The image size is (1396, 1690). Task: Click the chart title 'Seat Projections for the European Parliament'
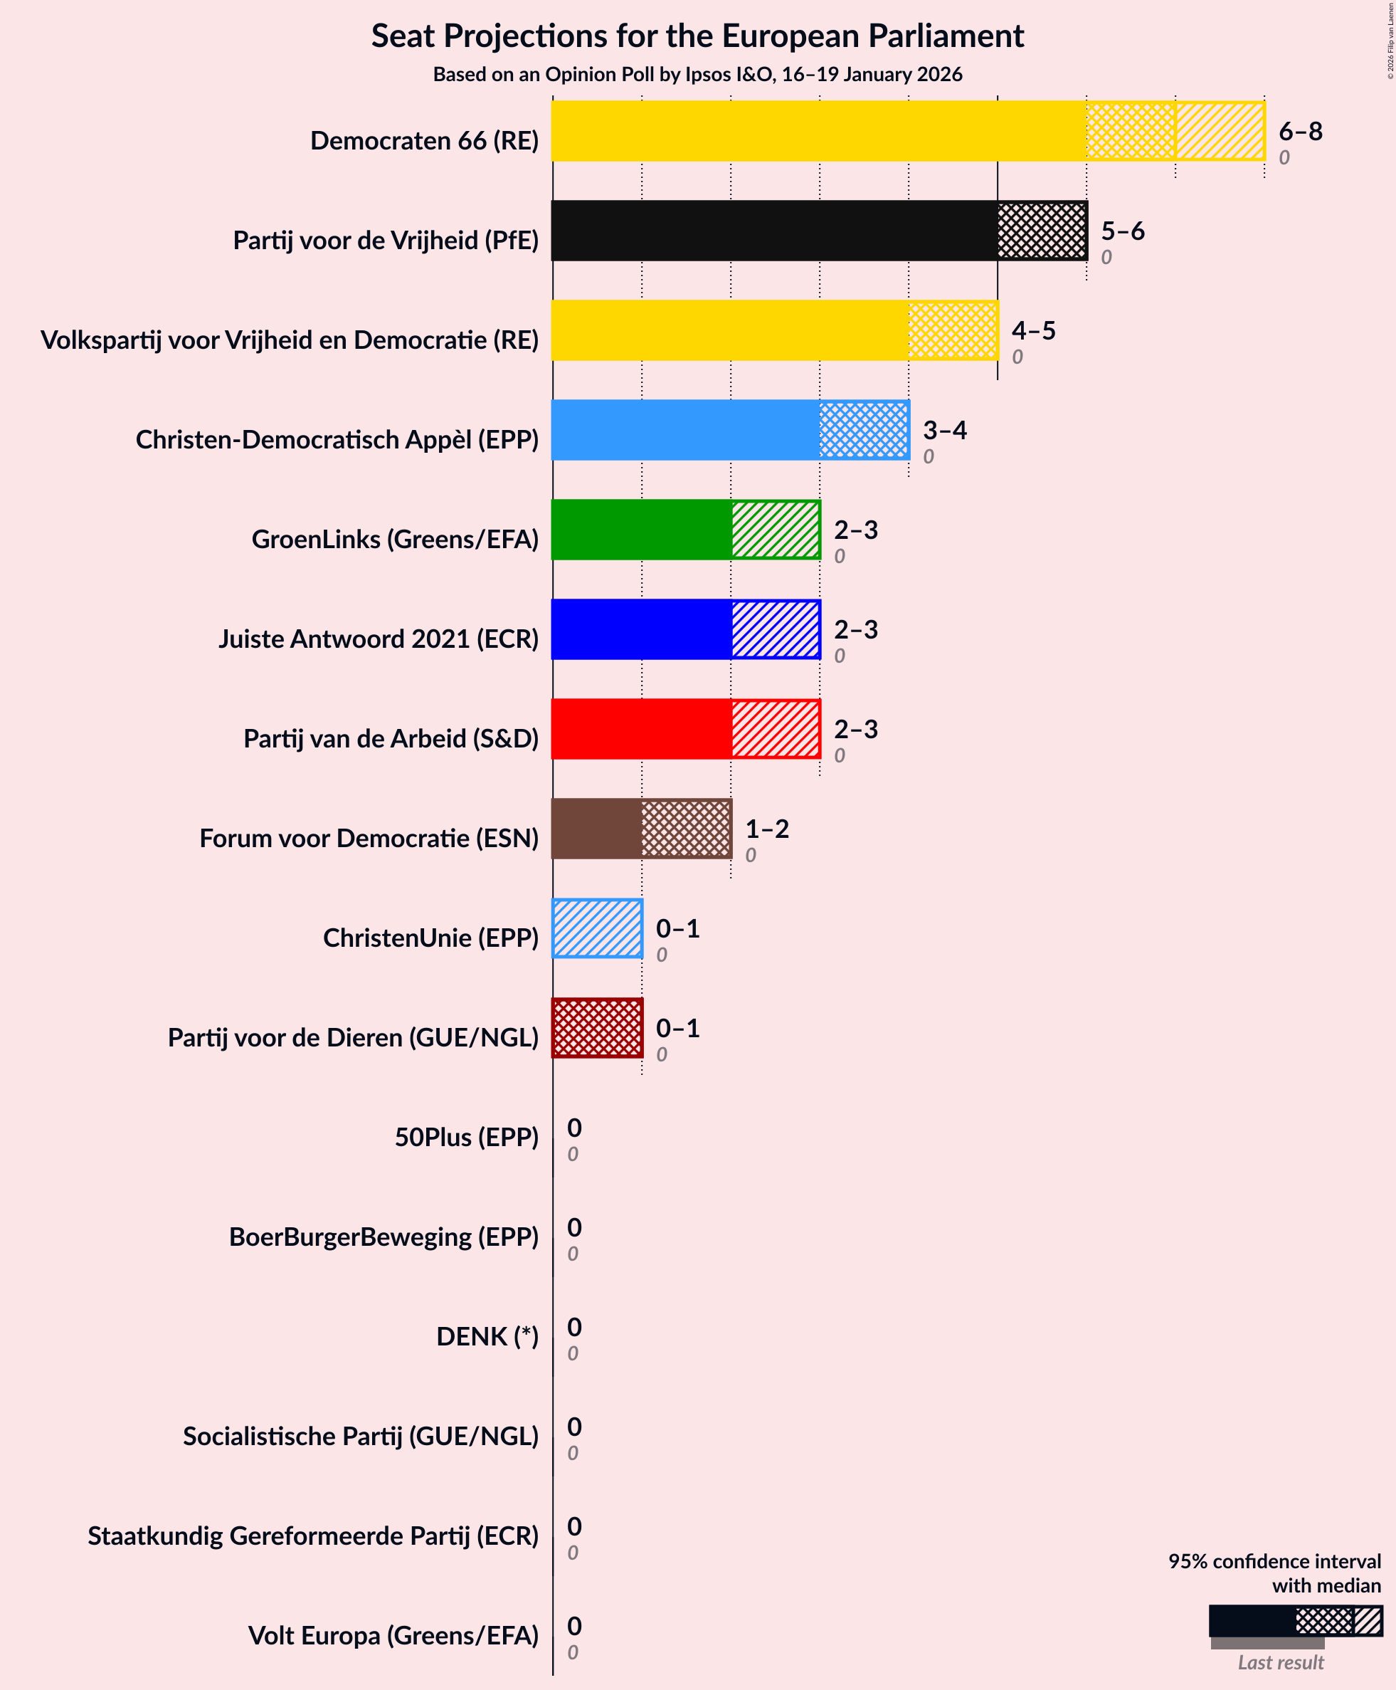697,37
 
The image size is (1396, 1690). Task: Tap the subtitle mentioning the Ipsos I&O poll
697,75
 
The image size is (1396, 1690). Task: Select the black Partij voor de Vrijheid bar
819,231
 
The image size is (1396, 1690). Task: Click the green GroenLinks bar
685,529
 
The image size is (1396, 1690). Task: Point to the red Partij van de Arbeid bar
685,729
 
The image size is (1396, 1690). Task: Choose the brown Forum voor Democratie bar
641,829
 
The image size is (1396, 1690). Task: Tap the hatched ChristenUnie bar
598,928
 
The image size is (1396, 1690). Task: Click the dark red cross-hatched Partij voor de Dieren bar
598,1028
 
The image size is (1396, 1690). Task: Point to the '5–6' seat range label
1122,231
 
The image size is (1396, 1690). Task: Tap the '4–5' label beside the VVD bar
1033,330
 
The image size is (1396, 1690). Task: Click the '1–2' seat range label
766,829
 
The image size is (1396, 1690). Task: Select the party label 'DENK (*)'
487,1336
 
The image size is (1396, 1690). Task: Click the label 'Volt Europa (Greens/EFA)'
393,1635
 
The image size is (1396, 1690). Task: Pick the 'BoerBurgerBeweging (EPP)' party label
384,1237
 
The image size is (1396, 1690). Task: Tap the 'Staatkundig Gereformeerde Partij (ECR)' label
313,1536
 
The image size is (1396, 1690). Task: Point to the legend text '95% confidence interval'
1274,1561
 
